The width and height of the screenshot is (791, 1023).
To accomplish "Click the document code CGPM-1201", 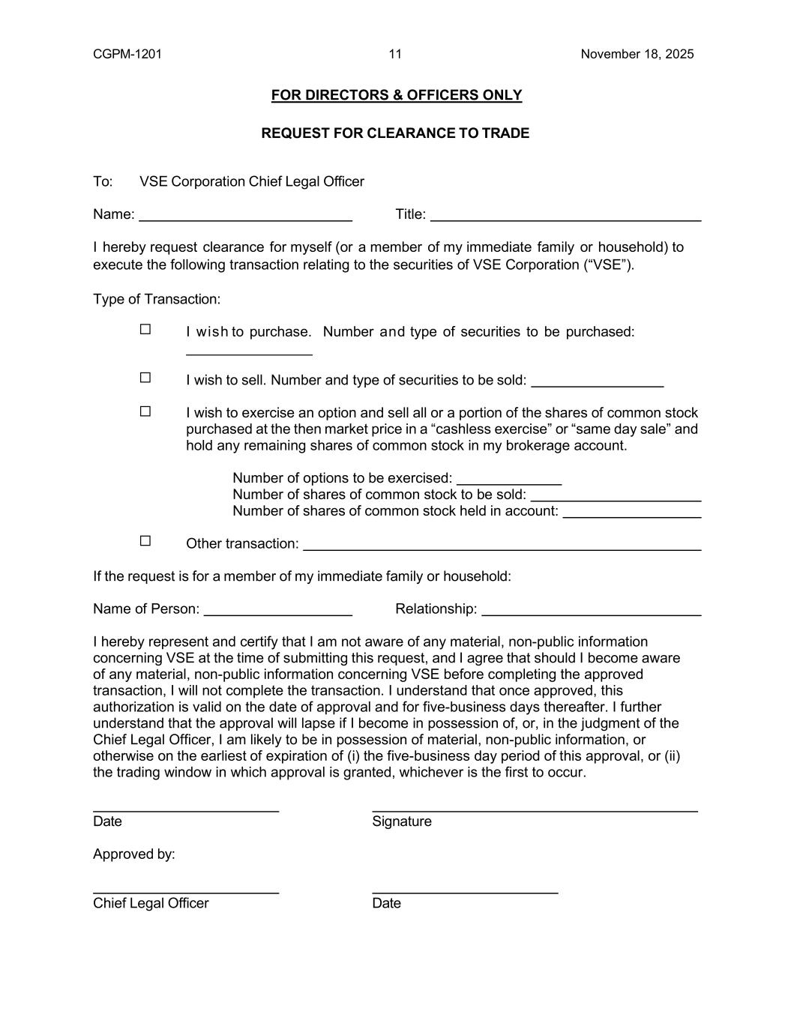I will click(x=127, y=54).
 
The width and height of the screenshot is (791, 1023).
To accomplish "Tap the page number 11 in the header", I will click(x=395, y=54).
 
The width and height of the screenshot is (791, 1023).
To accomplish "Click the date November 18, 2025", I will click(x=637, y=54).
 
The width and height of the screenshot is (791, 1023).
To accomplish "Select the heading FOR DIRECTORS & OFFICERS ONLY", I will click(x=396, y=95).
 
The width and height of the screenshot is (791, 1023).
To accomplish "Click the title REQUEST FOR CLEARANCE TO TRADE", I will click(x=395, y=133).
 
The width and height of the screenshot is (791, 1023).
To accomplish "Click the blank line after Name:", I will click(x=246, y=217).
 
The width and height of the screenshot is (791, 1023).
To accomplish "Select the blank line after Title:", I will click(x=565, y=217).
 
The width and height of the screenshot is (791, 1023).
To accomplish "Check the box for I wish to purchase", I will click(x=145, y=329).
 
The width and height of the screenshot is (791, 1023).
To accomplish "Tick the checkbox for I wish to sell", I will click(x=145, y=378).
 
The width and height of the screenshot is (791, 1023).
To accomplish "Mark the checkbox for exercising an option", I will click(x=145, y=411).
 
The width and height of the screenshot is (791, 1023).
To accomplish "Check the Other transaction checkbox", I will click(x=145, y=540).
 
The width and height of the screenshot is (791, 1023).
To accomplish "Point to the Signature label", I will click(x=402, y=821).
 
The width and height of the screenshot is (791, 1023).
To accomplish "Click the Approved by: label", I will click(x=134, y=854).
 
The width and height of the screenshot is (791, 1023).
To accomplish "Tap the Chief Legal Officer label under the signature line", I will click(x=151, y=903).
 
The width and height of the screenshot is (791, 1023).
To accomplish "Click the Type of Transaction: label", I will click(x=157, y=300).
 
